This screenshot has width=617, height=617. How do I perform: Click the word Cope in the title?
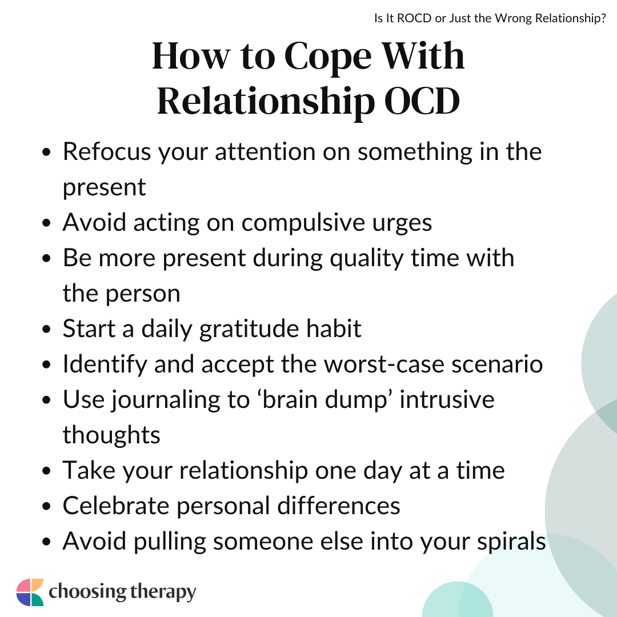pos(327,58)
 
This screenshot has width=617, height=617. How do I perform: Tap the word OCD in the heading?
pos(422,101)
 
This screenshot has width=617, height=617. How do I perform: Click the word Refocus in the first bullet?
pos(107,151)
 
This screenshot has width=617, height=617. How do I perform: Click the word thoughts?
pos(111,435)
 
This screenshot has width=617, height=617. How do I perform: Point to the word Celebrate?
pos(116,506)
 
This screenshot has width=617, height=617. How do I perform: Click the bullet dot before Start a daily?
pos(46,329)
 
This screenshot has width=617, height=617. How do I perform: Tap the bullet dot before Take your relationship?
pos(46,471)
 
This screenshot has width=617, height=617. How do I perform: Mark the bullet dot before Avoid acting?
pos(46,223)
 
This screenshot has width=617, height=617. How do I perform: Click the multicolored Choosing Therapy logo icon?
pos(30,592)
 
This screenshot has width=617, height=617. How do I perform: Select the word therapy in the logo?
pos(163,592)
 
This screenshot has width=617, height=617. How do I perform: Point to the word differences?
pos(339,506)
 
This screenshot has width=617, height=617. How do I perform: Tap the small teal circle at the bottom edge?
pos(457,602)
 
